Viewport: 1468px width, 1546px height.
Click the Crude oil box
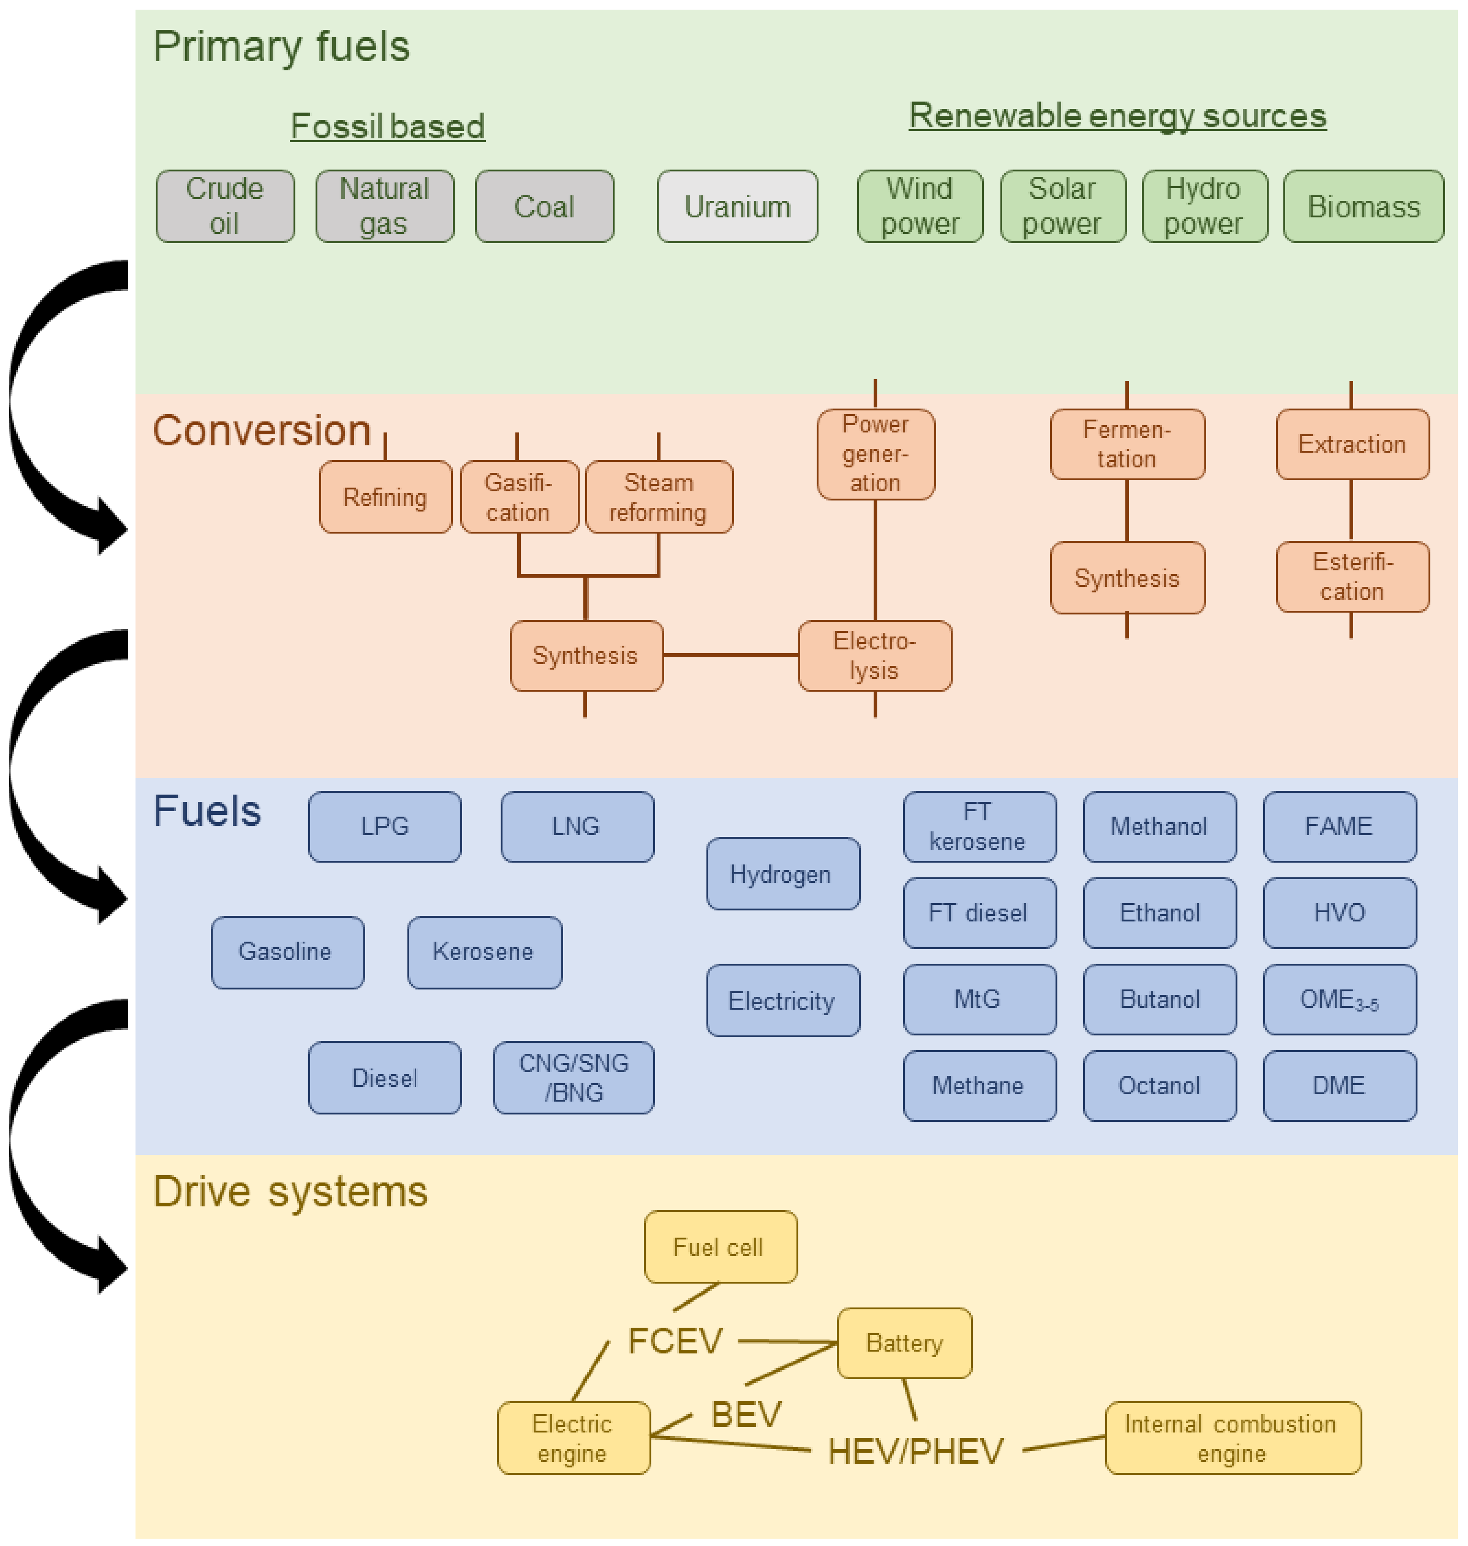coord(225,206)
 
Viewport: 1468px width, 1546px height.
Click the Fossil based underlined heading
coord(387,126)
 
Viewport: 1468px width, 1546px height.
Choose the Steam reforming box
coord(659,497)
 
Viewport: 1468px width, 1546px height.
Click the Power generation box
coord(875,454)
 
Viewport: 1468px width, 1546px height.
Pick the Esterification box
coord(1351,577)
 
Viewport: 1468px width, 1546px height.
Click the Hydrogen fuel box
coord(782,874)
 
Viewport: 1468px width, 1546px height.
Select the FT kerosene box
coord(979,827)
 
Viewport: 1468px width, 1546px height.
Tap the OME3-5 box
coord(1339,1000)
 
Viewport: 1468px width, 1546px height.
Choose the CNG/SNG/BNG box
coord(574,1078)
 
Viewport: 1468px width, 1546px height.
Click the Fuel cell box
coord(720,1247)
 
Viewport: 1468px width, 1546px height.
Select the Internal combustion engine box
coord(1232,1438)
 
